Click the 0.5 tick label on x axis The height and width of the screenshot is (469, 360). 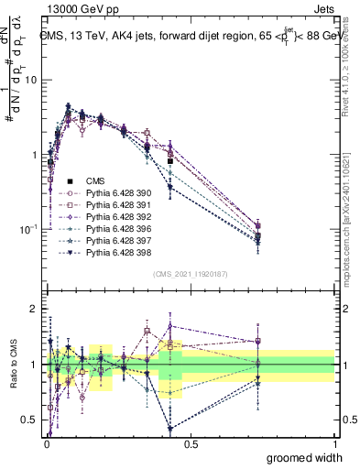191,444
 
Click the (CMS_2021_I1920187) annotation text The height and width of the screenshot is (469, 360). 191,274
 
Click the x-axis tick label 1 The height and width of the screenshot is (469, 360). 334,444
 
